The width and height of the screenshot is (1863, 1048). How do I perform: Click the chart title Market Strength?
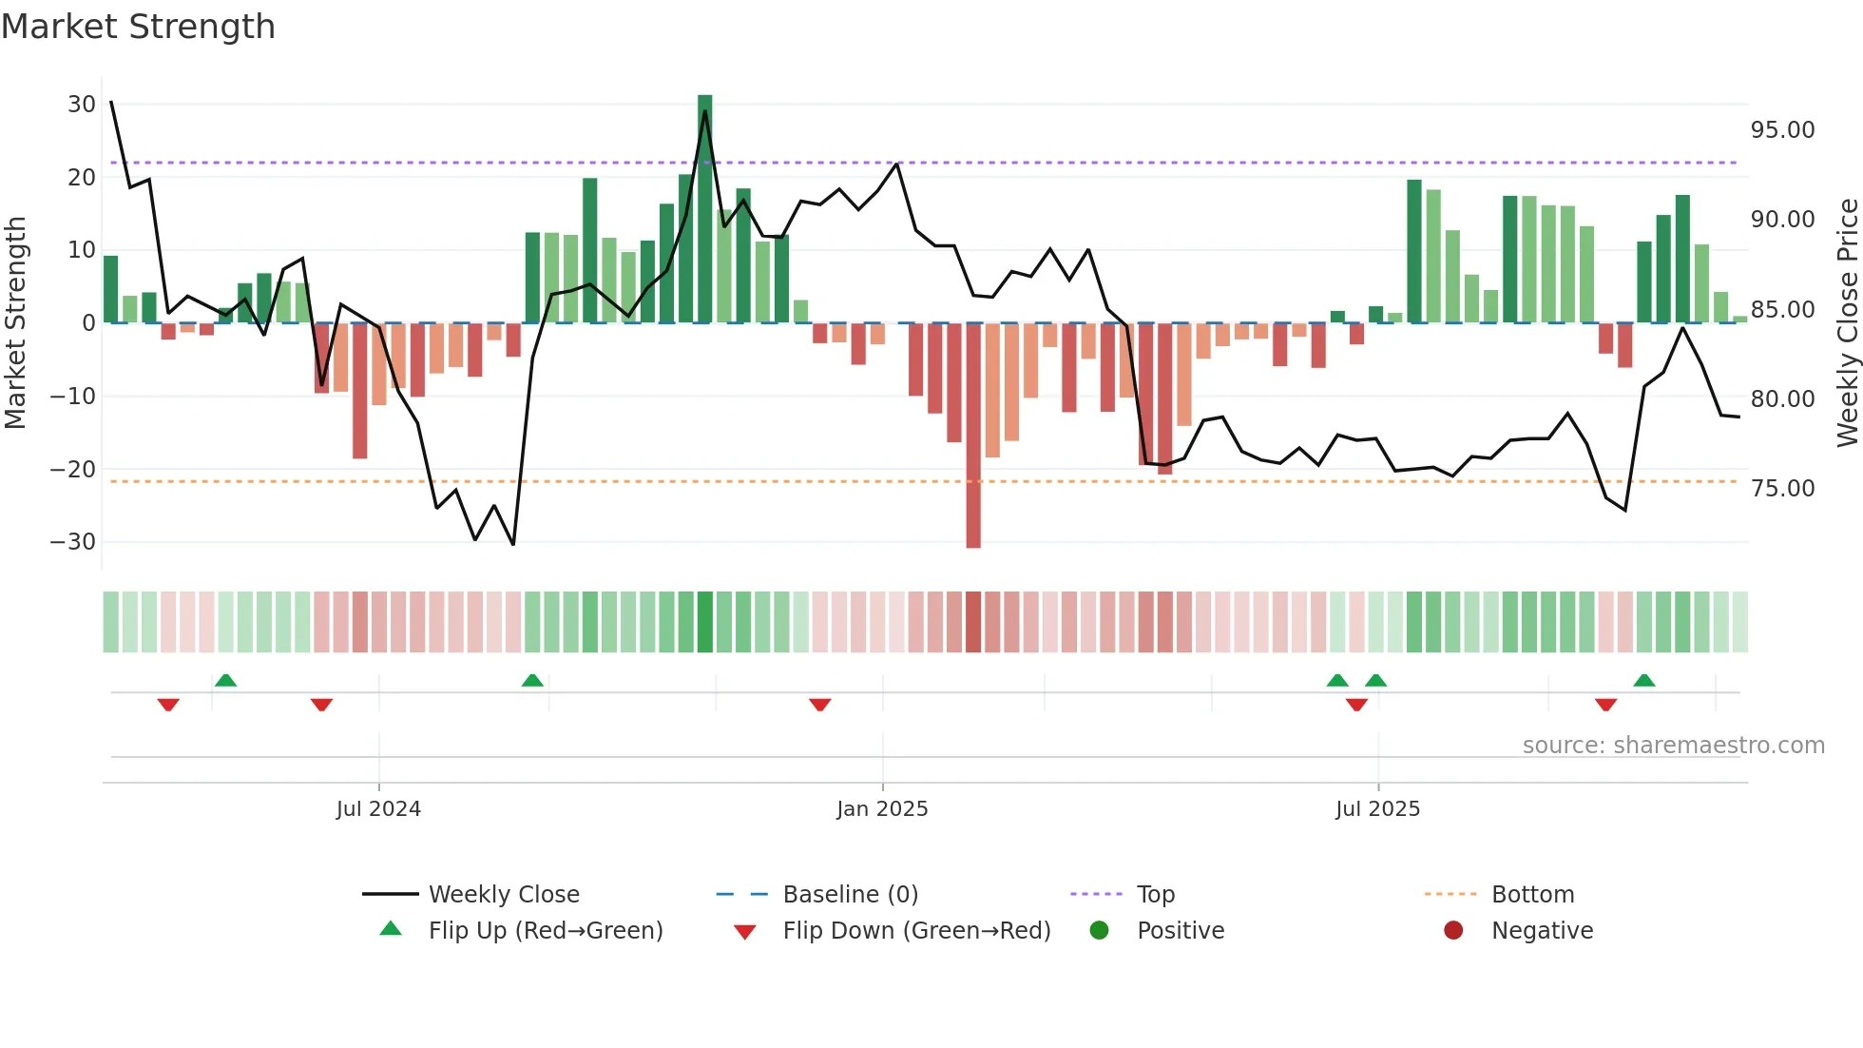pos(138,27)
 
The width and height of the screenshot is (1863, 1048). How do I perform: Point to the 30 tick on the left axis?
pos(82,105)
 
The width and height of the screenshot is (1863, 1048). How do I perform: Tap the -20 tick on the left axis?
pos(74,469)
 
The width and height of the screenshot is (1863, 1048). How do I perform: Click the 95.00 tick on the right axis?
pos(1782,130)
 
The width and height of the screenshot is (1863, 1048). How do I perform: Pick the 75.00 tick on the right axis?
pos(1782,489)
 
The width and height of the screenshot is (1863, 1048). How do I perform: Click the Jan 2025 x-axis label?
pos(882,809)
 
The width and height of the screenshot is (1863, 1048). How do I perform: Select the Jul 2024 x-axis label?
pos(378,809)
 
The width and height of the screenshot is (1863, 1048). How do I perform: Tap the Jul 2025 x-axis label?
pos(1377,809)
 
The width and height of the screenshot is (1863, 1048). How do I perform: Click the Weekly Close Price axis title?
pos(1847,323)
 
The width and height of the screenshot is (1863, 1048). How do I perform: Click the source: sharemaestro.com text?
pos(1673,746)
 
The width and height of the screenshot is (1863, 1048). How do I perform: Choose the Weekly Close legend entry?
pos(503,895)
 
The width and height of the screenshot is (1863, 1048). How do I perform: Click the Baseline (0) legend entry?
pos(850,895)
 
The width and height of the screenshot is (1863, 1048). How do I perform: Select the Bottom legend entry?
pos(1532,895)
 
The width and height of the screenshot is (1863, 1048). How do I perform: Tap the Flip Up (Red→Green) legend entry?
pos(545,931)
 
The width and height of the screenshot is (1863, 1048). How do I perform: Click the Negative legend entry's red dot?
pos(1453,930)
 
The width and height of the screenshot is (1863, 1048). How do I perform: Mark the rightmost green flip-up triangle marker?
pos(1644,680)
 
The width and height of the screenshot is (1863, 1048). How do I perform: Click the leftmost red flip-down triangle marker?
pos(168,704)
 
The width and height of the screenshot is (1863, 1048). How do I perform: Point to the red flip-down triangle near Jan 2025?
pos(820,704)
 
